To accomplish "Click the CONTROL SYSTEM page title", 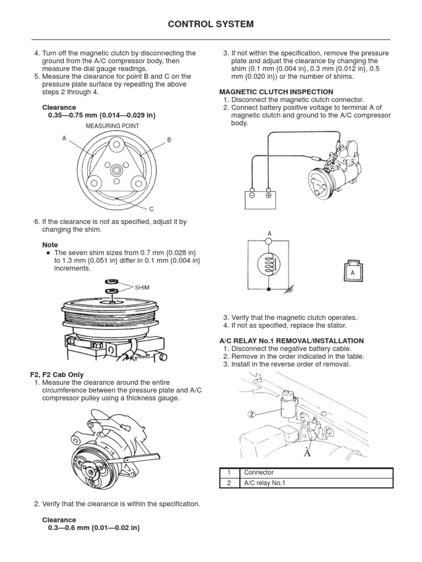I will (211, 24).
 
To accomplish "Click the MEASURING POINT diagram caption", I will (112, 126).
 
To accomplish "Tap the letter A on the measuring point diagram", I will (64, 138).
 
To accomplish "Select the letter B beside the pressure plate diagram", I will (169, 140).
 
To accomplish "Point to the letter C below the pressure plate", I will (151, 209).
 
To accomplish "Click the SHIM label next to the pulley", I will (141, 287).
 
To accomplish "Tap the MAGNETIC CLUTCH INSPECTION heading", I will (276, 92).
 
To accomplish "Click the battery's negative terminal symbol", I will (251, 194).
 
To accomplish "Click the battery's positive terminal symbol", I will (268, 194).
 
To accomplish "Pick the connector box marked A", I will (352, 272).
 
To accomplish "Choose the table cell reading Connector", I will (259, 473).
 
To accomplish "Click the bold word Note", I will (50, 244).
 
